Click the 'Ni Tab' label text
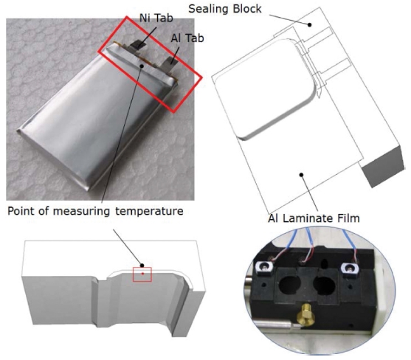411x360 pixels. pos(156,18)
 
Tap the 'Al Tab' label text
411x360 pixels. pos(187,38)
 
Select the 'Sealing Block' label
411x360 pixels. pos(225,9)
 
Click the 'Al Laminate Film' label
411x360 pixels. pos(314,218)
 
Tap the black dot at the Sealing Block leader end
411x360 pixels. pos(310,25)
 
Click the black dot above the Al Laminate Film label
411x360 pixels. pos(302,175)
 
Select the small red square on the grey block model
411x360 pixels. pos(142,274)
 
